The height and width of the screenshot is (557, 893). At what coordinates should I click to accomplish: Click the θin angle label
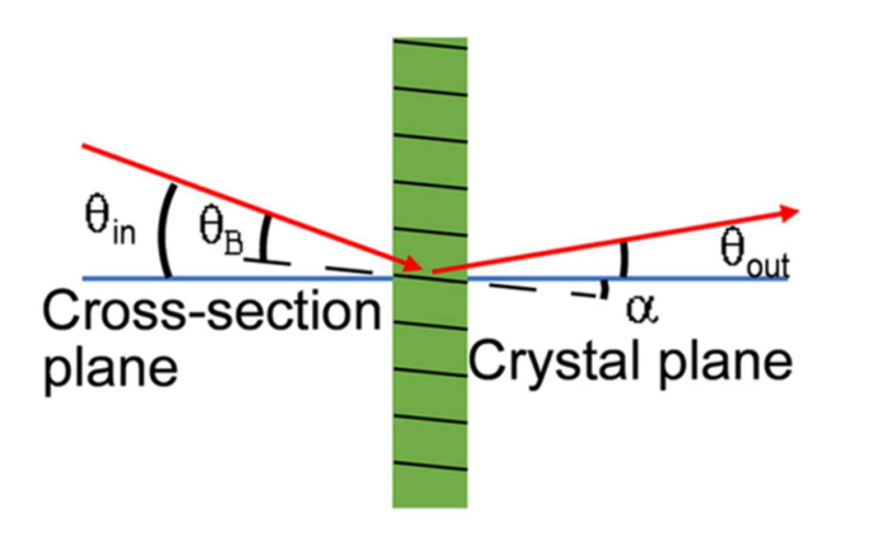point(110,222)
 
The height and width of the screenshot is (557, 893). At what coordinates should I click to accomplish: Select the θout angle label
point(754,253)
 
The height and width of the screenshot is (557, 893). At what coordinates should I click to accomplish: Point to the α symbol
point(642,309)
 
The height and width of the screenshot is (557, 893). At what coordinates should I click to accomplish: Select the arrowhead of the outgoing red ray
point(789,213)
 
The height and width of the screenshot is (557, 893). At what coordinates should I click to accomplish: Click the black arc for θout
point(625,259)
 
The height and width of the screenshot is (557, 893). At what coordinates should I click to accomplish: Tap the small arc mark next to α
point(604,289)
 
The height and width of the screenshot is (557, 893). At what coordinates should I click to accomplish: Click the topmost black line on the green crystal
point(430,43)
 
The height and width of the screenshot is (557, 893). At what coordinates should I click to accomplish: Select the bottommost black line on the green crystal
point(430,467)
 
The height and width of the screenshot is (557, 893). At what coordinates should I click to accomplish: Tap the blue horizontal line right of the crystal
point(695,278)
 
